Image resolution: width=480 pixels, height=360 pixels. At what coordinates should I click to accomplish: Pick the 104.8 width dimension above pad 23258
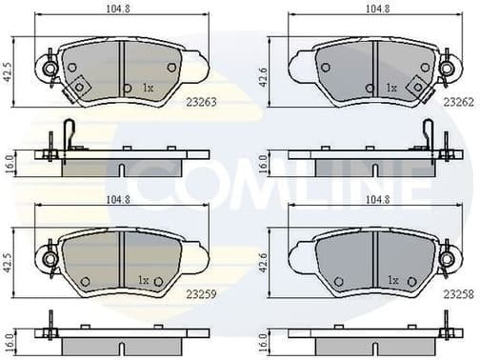click(371, 200)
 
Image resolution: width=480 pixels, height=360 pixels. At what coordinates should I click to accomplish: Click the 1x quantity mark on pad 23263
click(148, 88)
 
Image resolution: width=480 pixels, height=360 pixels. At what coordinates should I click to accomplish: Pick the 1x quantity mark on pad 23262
click(390, 88)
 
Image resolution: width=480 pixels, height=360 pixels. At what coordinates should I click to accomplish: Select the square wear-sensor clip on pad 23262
click(416, 86)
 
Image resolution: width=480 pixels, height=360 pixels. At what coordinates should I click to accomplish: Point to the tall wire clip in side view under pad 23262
click(430, 134)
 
